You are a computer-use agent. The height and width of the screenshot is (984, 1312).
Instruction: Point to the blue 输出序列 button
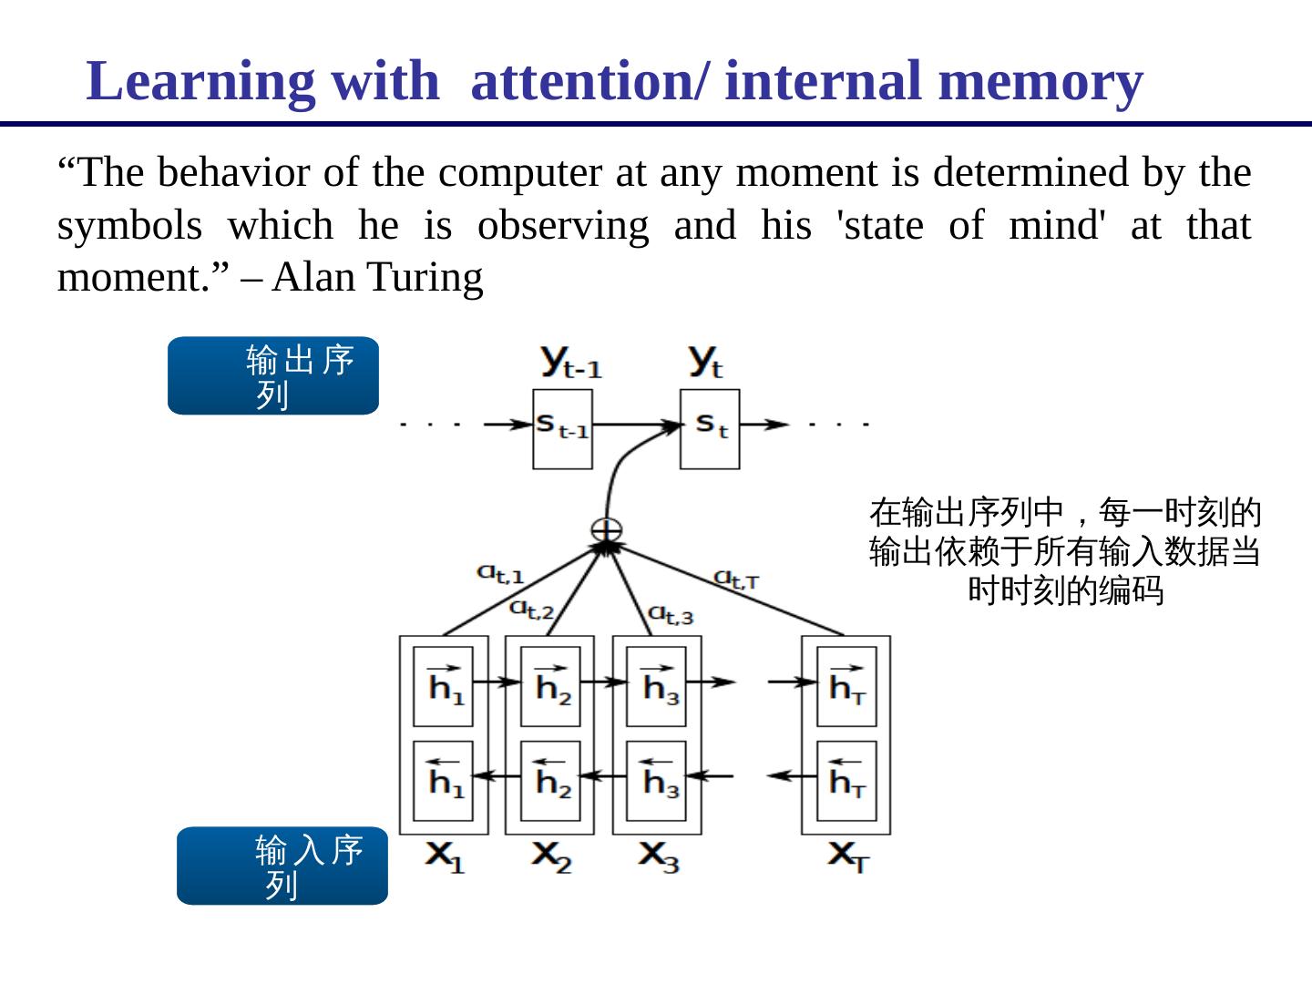coord(273,376)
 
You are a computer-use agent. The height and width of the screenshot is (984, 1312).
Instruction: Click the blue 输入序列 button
coord(282,866)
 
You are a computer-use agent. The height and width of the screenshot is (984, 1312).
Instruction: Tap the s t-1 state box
coord(562,429)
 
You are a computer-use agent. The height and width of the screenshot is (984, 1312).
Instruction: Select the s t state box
coord(710,429)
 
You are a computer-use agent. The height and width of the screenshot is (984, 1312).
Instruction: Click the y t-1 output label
coord(571,363)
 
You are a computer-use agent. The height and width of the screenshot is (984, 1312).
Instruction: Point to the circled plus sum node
coord(607,529)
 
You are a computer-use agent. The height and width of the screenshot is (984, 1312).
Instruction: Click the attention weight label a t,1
coord(500,574)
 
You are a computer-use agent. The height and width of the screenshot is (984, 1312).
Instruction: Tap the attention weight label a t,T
coord(736,579)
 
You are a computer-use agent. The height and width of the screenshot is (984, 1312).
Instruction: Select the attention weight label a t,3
coord(671,615)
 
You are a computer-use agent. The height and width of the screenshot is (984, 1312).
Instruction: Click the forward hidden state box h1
coord(444,686)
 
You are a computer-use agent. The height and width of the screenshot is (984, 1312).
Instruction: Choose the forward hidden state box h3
coord(657,686)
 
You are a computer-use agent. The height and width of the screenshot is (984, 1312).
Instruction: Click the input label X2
coord(552,856)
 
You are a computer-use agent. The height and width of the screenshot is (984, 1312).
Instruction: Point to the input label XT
coord(848,856)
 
